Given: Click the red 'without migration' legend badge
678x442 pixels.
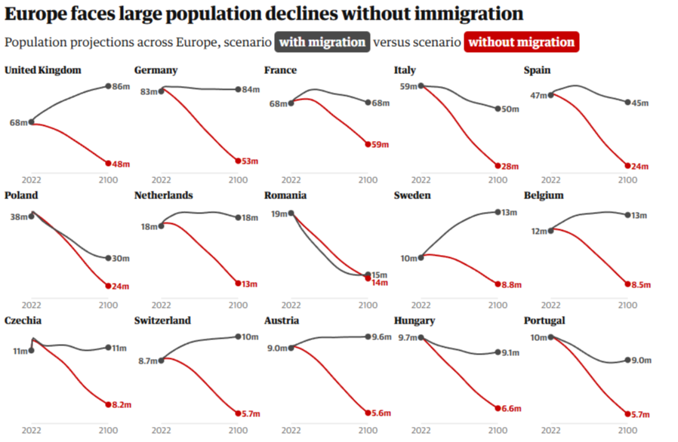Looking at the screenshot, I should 522,42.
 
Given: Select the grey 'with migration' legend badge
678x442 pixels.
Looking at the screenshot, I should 322,42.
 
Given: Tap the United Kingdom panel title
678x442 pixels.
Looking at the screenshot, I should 43,70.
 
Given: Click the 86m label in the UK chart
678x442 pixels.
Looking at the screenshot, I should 122,87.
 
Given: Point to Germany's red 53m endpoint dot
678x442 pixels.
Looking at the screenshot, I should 238,161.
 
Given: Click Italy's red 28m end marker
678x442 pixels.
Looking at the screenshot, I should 498,166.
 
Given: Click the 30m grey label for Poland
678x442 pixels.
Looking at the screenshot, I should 122,259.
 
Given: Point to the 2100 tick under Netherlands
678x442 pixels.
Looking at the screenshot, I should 238,305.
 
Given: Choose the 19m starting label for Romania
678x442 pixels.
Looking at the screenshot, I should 279,213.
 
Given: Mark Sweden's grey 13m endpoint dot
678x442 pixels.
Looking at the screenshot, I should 498,212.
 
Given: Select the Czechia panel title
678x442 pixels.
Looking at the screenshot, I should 23,321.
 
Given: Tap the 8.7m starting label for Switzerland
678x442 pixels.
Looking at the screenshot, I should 148,361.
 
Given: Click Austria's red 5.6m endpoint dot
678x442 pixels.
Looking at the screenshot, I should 368,413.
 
